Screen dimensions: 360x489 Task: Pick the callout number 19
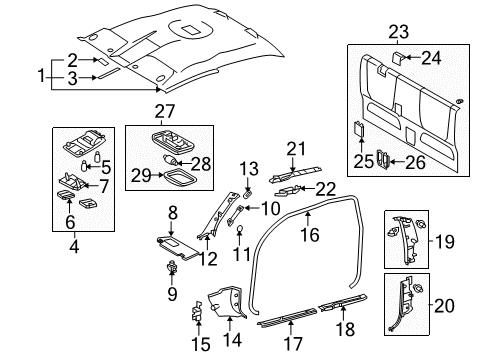(x=468, y=241)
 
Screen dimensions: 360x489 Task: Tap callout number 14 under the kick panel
(x=233, y=322)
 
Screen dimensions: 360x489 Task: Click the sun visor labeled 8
(x=167, y=264)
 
